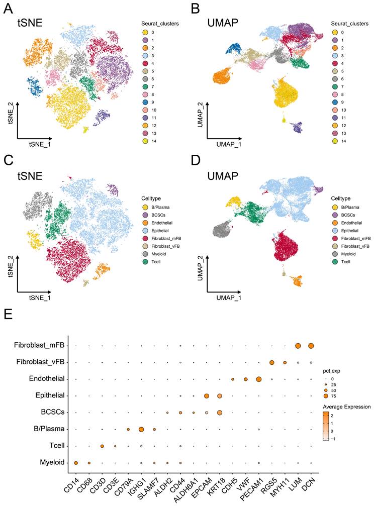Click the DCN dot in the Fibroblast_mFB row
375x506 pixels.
pos(311,346)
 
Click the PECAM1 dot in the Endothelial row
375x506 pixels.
pos(259,379)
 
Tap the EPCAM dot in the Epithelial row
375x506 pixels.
pos(207,396)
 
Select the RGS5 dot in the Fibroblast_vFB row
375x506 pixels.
pos(272,362)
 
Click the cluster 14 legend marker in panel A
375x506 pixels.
pos(145,142)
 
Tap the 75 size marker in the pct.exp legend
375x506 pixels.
pos(326,396)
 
